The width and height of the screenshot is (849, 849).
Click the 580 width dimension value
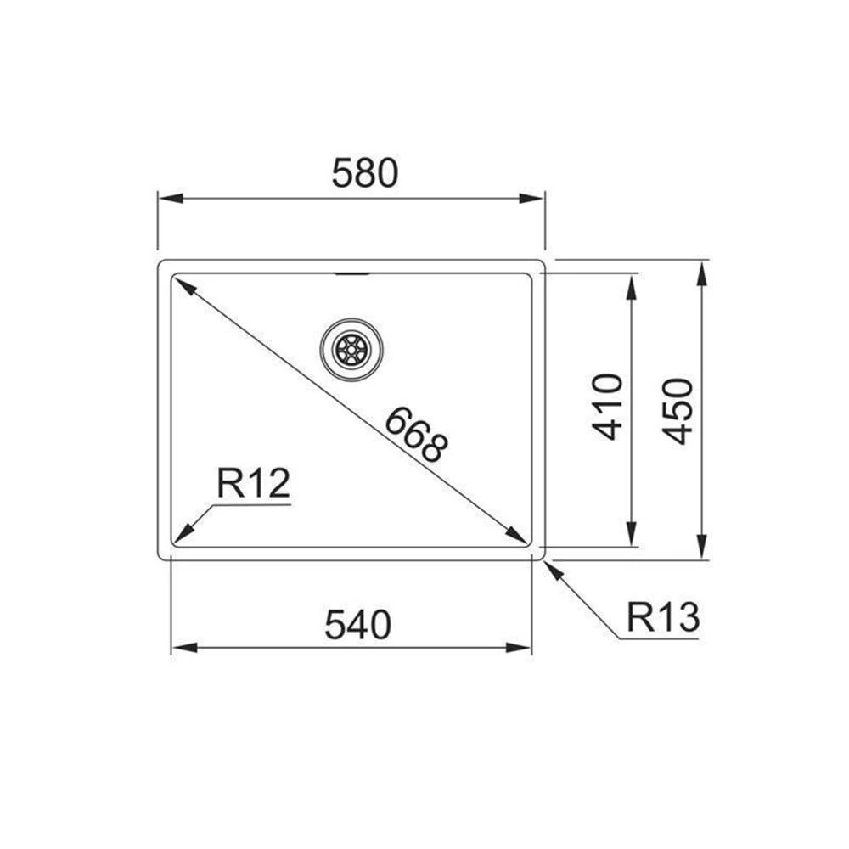click(364, 173)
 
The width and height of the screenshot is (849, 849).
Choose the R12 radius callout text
click(253, 484)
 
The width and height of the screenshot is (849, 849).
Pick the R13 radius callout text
click(662, 617)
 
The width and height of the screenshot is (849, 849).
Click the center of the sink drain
click(351, 348)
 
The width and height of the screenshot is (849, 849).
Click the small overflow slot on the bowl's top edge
click(351, 274)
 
